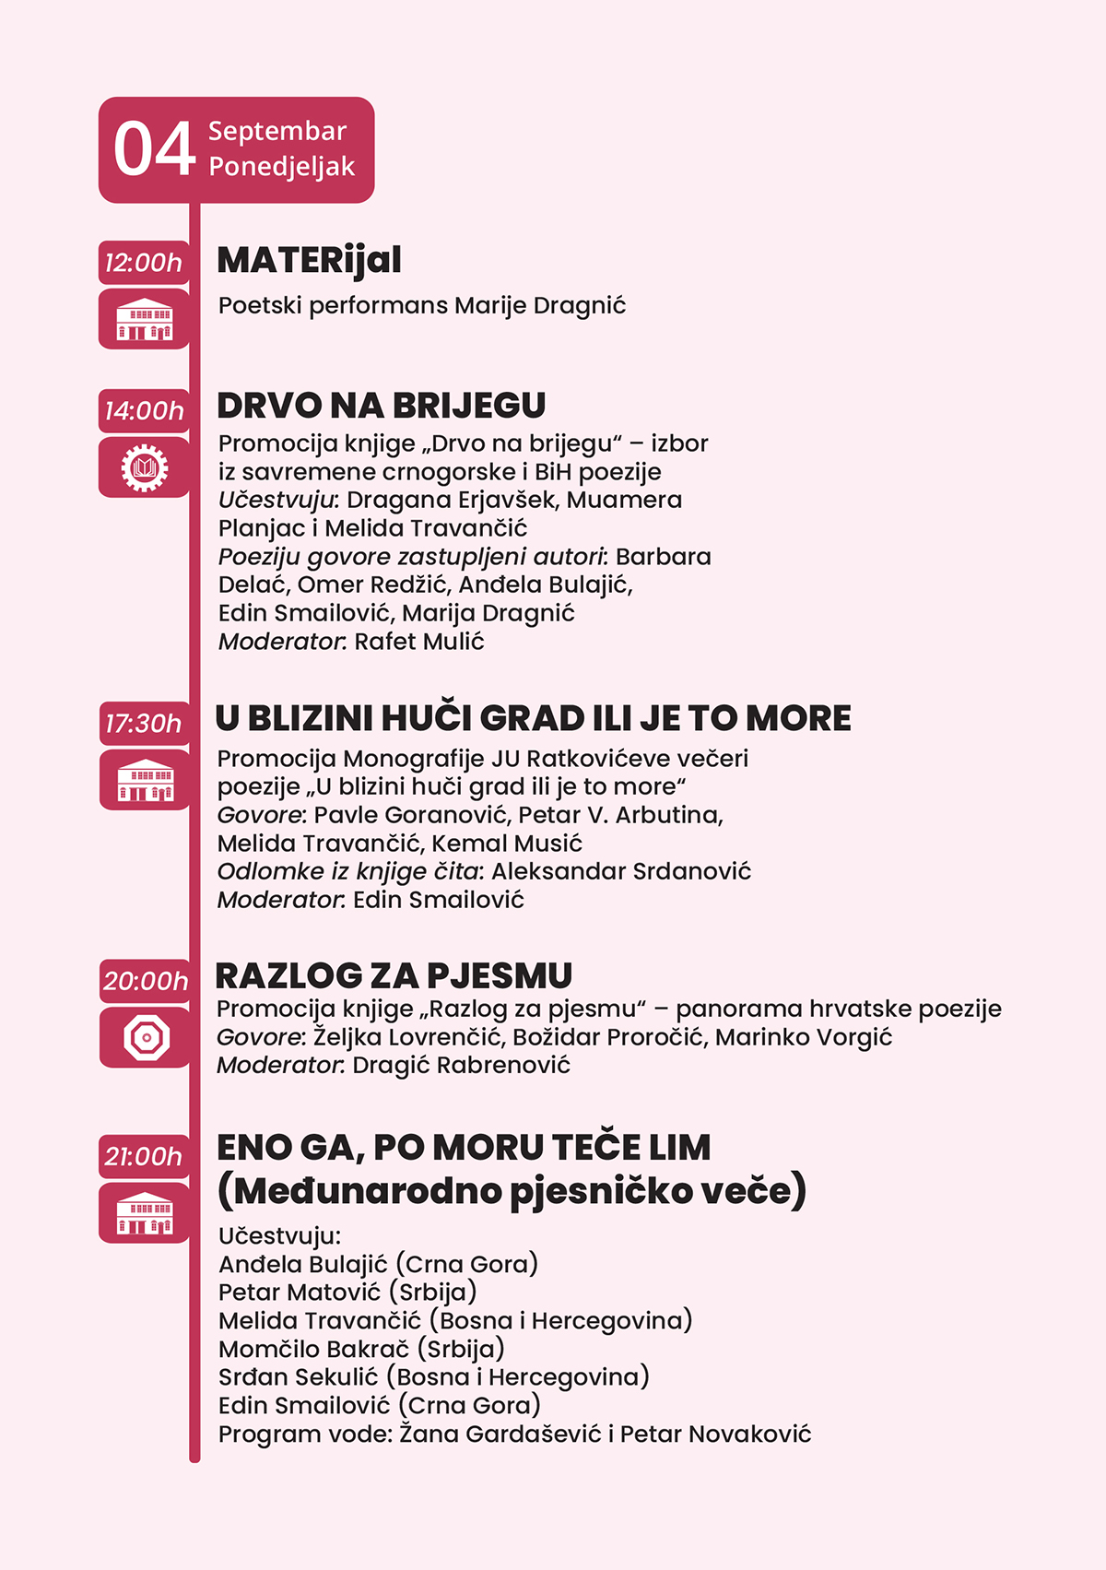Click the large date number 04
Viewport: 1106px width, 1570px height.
tap(154, 149)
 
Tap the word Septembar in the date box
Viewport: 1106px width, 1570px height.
tap(276, 131)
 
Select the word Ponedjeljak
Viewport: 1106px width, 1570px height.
tap(281, 167)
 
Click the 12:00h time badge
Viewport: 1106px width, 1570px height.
tap(144, 263)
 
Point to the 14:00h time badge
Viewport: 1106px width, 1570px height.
tap(144, 410)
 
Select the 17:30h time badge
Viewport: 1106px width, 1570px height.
tap(144, 724)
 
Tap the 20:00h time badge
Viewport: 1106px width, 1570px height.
tap(145, 981)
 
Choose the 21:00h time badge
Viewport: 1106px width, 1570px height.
tap(144, 1156)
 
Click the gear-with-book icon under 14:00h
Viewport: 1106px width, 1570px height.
tap(145, 467)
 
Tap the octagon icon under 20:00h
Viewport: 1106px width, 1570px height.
tap(146, 1038)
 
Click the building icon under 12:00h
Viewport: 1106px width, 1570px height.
tap(145, 320)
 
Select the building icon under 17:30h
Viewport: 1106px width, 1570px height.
tap(145, 781)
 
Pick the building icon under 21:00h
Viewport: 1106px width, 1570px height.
tap(145, 1213)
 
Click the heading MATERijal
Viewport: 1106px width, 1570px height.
tap(309, 261)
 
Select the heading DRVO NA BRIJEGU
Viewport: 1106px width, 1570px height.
tap(381, 406)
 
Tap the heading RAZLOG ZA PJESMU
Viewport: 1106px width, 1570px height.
tap(394, 975)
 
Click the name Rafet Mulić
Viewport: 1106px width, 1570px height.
tap(419, 642)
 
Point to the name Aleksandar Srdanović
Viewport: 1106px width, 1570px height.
tap(621, 871)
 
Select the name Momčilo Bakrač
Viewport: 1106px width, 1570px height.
tap(313, 1349)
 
